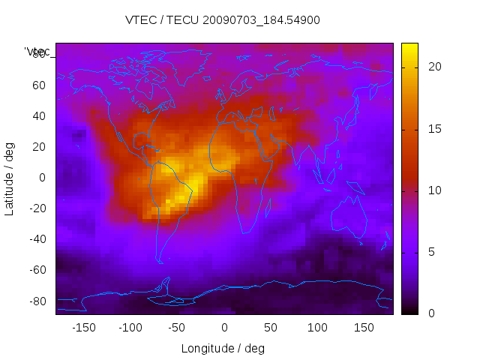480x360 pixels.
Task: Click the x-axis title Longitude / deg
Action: click(x=223, y=348)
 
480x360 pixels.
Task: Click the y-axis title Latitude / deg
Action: click(x=10, y=177)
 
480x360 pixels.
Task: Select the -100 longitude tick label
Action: click(x=130, y=328)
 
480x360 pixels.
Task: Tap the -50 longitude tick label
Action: click(x=177, y=328)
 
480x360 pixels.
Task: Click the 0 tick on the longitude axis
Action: click(x=224, y=328)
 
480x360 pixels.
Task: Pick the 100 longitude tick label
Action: click(x=317, y=328)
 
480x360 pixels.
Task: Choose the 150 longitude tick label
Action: click(x=364, y=328)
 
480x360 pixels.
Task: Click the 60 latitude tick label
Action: click(x=39, y=85)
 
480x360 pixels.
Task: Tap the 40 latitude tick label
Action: click(x=39, y=115)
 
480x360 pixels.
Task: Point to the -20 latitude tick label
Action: click(x=36, y=208)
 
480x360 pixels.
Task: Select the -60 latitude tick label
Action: click(x=36, y=270)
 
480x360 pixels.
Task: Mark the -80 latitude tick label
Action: click(x=36, y=301)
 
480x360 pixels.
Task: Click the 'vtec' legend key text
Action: click(x=37, y=52)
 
